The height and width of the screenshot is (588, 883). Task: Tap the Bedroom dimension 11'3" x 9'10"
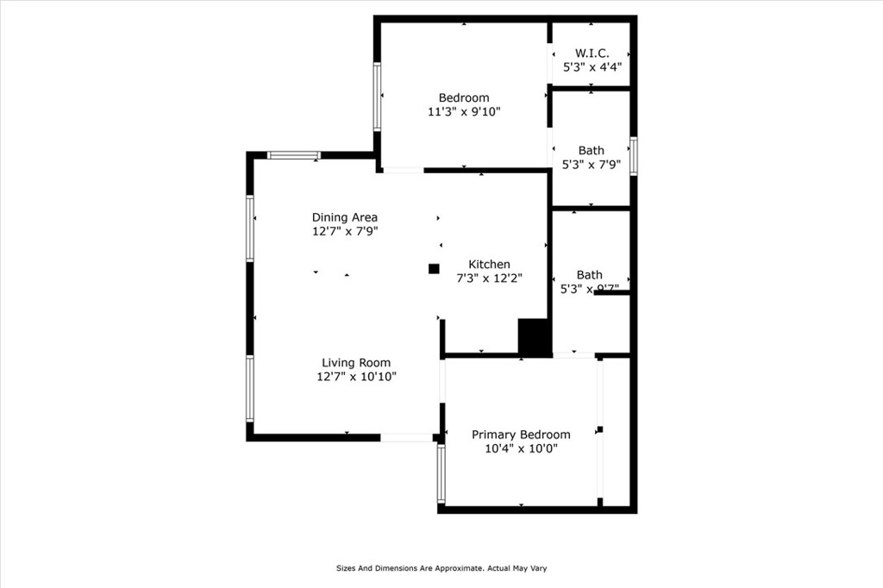click(464, 111)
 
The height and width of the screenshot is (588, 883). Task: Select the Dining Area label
click(345, 217)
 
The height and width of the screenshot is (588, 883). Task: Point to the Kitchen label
click(489, 264)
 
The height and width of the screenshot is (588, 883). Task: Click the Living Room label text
click(356, 363)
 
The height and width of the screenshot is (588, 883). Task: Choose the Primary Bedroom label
click(521, 435)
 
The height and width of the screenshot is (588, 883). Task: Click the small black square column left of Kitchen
click(434, 268)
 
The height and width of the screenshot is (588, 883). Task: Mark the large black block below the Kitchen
click(535, 336)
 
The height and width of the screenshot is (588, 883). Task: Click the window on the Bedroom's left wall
click(378, 97)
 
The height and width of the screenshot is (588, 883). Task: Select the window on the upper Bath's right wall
click(633, 156)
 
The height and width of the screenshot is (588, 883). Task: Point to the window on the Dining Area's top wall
click(293, 155)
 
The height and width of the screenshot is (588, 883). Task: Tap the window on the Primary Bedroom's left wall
click(441, 473)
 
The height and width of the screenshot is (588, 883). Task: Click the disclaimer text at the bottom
click(441, 568)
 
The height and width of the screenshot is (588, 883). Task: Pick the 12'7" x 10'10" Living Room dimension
click(356, 377)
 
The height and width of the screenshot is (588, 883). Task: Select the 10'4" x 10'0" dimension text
click(521, 448)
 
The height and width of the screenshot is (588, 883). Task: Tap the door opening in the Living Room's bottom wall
click(406, 438)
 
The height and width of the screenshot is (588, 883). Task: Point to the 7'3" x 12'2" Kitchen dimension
click(489, 278)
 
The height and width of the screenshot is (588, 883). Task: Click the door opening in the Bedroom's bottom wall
click(403, 171)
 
